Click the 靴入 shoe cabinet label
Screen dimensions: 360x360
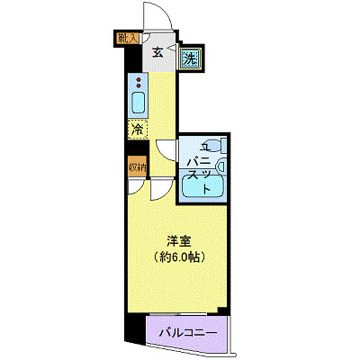127,37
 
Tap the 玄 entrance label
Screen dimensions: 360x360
157,53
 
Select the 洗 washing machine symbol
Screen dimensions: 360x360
191,59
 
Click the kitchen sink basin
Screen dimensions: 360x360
138,101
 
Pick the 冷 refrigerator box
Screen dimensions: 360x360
137,129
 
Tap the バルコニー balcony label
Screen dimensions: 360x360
188,333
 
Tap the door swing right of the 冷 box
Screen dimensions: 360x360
166,149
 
